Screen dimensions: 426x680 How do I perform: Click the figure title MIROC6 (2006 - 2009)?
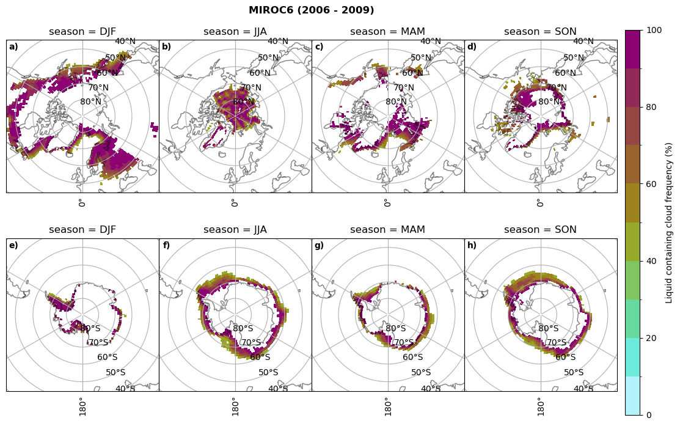pos(311,10)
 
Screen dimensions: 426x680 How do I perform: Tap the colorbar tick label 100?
pos(654,31)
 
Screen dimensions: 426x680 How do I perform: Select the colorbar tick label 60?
pos(651,184)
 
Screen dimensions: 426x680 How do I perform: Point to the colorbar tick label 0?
pos(649,415)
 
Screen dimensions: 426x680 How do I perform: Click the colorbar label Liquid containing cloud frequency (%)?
pos(669,222)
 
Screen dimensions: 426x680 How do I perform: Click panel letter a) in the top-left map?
pos(13,46)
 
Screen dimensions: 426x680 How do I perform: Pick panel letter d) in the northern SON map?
pos(472,46)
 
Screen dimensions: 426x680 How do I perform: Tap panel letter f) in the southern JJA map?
pos(166,246)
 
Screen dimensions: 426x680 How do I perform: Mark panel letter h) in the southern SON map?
pos(472,246)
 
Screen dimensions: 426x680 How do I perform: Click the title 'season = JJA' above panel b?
pos(235,32)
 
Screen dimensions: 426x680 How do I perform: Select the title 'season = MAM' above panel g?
pos(387,230)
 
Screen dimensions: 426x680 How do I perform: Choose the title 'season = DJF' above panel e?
pos(82,230)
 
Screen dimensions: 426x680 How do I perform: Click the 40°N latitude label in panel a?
pos(125,42)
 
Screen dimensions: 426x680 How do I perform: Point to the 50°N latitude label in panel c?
pos(420,58)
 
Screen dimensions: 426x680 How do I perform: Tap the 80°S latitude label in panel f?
pos(243,329)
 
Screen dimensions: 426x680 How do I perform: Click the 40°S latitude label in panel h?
pos(583,389)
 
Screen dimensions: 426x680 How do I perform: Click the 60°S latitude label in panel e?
pos(107,358)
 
